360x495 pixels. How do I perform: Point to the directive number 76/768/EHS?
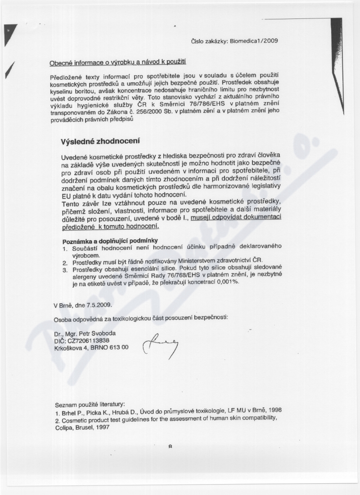click(x=193, y=275)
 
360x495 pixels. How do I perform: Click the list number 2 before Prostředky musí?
click(x=65, y=261)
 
